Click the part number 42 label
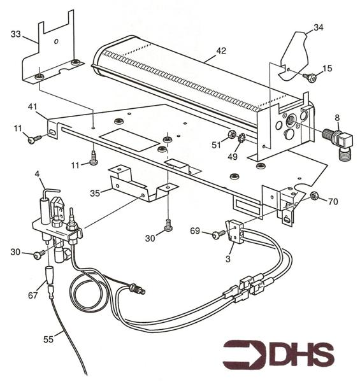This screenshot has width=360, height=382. tap(221, 51)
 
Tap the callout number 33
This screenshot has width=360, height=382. tap(16, 34)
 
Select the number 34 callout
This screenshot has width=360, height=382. tap(319, 27)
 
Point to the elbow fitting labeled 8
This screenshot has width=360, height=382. tap(338, 142)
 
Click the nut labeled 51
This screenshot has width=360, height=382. tap(231, 134)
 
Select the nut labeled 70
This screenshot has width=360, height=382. tap(313, 195)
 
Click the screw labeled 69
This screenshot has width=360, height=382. tap(219, 234)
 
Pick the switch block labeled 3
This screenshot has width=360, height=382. tap(234, 230)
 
